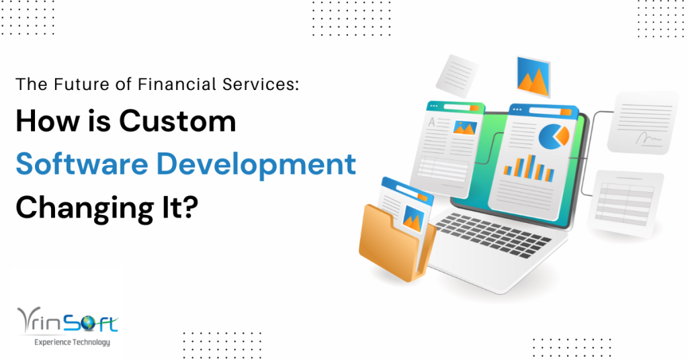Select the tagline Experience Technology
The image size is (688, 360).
point(72,343)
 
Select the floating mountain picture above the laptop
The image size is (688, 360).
point(534,74)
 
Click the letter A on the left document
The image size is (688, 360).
point(432,122)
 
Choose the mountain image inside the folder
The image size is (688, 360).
point(412,217)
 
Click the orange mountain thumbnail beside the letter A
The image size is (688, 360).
point(465,127)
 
